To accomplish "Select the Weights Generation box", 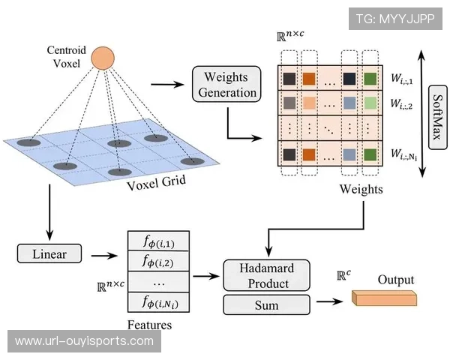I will click(226, 84).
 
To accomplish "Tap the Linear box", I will click(49, 253).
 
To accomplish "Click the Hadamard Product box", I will click(266, 274).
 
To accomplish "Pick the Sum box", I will click(266, 304).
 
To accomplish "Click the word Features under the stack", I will click(149, 325).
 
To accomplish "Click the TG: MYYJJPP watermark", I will click(395, 19).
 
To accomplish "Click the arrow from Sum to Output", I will click(330, 303).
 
